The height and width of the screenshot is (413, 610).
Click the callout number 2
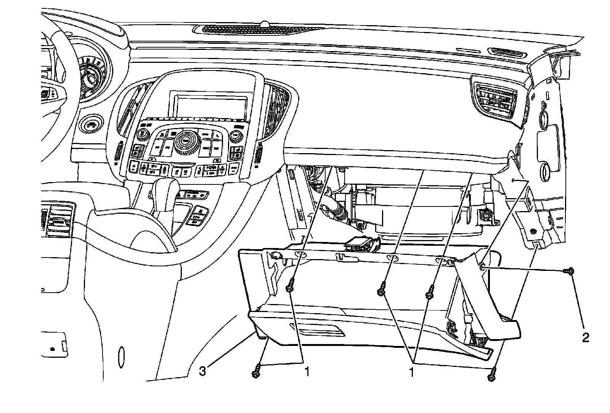point(585,337)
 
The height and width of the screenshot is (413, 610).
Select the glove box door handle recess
point(317,328)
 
